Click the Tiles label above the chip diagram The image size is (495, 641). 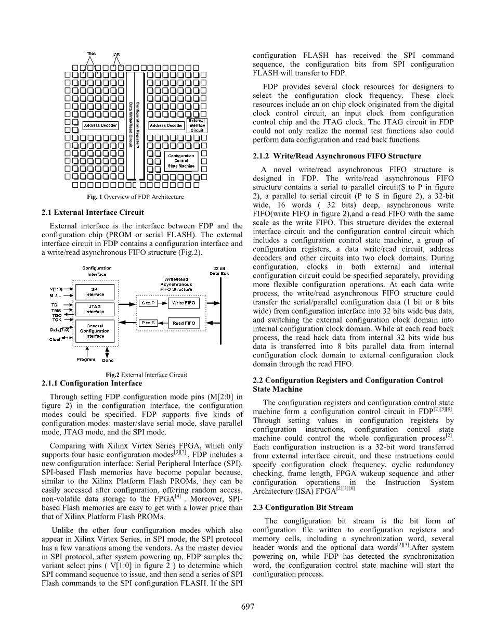[92, 53]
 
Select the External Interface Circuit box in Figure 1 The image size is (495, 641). [197, 125]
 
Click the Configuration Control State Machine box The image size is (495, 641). [181, 161]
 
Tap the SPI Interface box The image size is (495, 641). [95, 292]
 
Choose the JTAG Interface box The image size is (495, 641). [95, 309]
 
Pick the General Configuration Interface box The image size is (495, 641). [95, 331]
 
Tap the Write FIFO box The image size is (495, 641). [184, 302]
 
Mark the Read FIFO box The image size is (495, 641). [184, 323]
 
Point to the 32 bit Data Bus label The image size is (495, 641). [219, 271]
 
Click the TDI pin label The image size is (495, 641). [55, 305]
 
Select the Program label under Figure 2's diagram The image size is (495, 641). [86, 360]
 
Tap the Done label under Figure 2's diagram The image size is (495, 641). [108, 360]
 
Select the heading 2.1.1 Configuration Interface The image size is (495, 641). [91, 383]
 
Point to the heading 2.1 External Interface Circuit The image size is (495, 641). [92, 212]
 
